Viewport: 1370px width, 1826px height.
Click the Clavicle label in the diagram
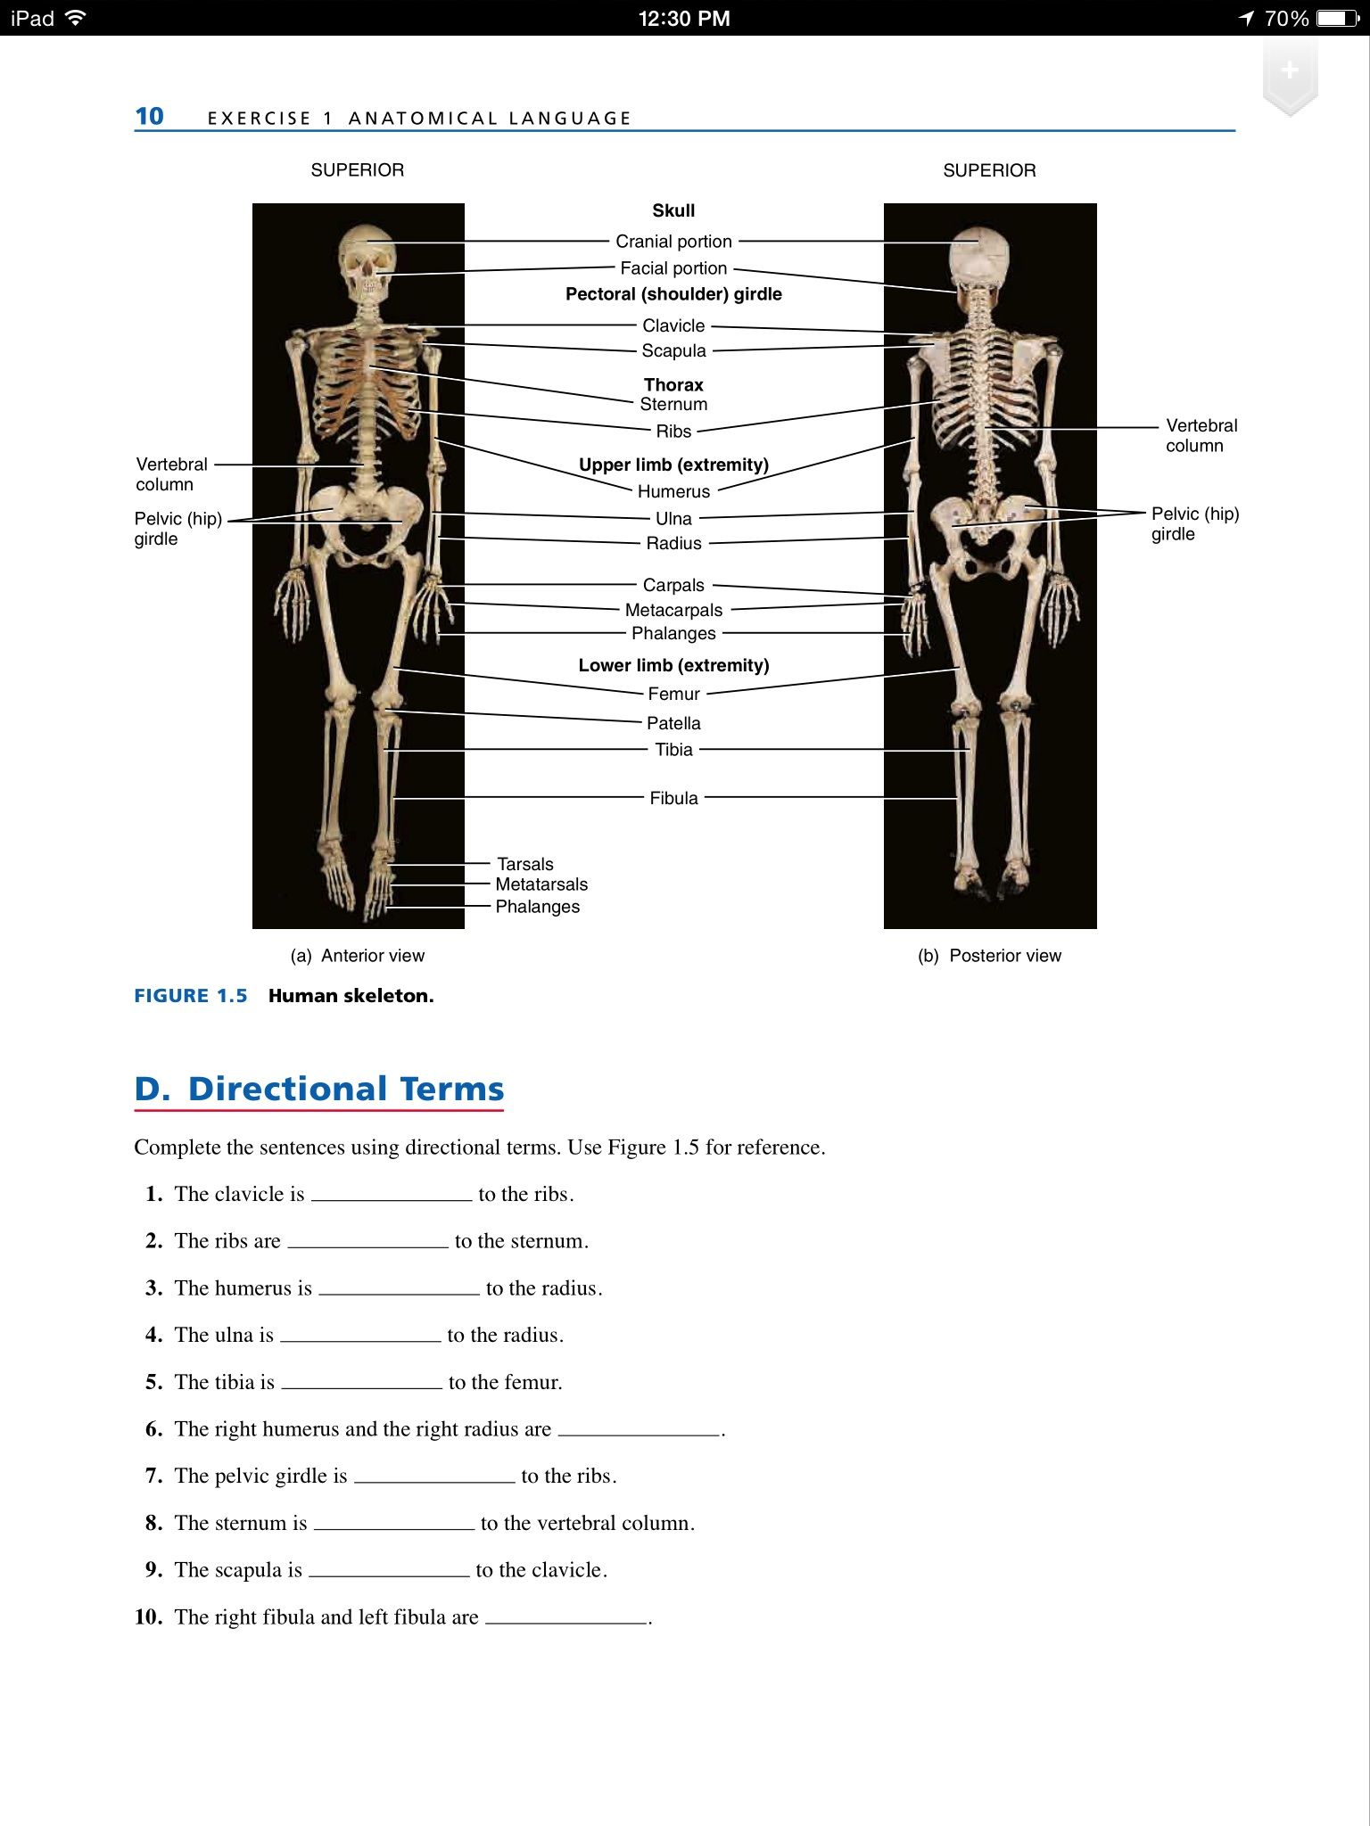pyautogui.click(x=673, y=325)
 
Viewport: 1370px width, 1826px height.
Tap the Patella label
pyautogui.click(x=673, y=723)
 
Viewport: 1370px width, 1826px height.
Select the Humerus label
pyautogui.click(x=673, y=491)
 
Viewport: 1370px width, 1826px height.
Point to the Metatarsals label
pyautogui.click(x=541, y=884)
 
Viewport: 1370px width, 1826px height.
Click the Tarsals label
pyautogui.click(x=525, y=864)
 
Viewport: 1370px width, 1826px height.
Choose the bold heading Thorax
pyautogui.click(x=673, y=385)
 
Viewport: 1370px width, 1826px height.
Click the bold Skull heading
pyautogui.click(x=673, y=210)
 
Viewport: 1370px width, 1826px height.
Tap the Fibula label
pyautogui.click(x=673, y=798)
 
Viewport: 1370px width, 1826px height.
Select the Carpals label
pyautogui.click(x=673, y=585)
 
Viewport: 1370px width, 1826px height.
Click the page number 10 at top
pyautogui.click(x=150, y=117)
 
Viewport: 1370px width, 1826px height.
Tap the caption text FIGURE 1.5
pyautogui.click(x=191, y=996)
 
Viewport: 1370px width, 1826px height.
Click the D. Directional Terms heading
pyautogui.click(x=319, y=1089)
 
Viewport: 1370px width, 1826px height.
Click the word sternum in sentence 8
pyautogui.click(x=274, y=1523)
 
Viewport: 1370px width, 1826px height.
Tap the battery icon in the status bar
pyautogui.click(x=1337, y=18)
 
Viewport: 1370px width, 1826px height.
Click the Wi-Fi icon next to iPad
pyautogui.click(x=76, y=18)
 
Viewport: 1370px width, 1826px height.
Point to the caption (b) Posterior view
pyautogui.click(x=989, y=956)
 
